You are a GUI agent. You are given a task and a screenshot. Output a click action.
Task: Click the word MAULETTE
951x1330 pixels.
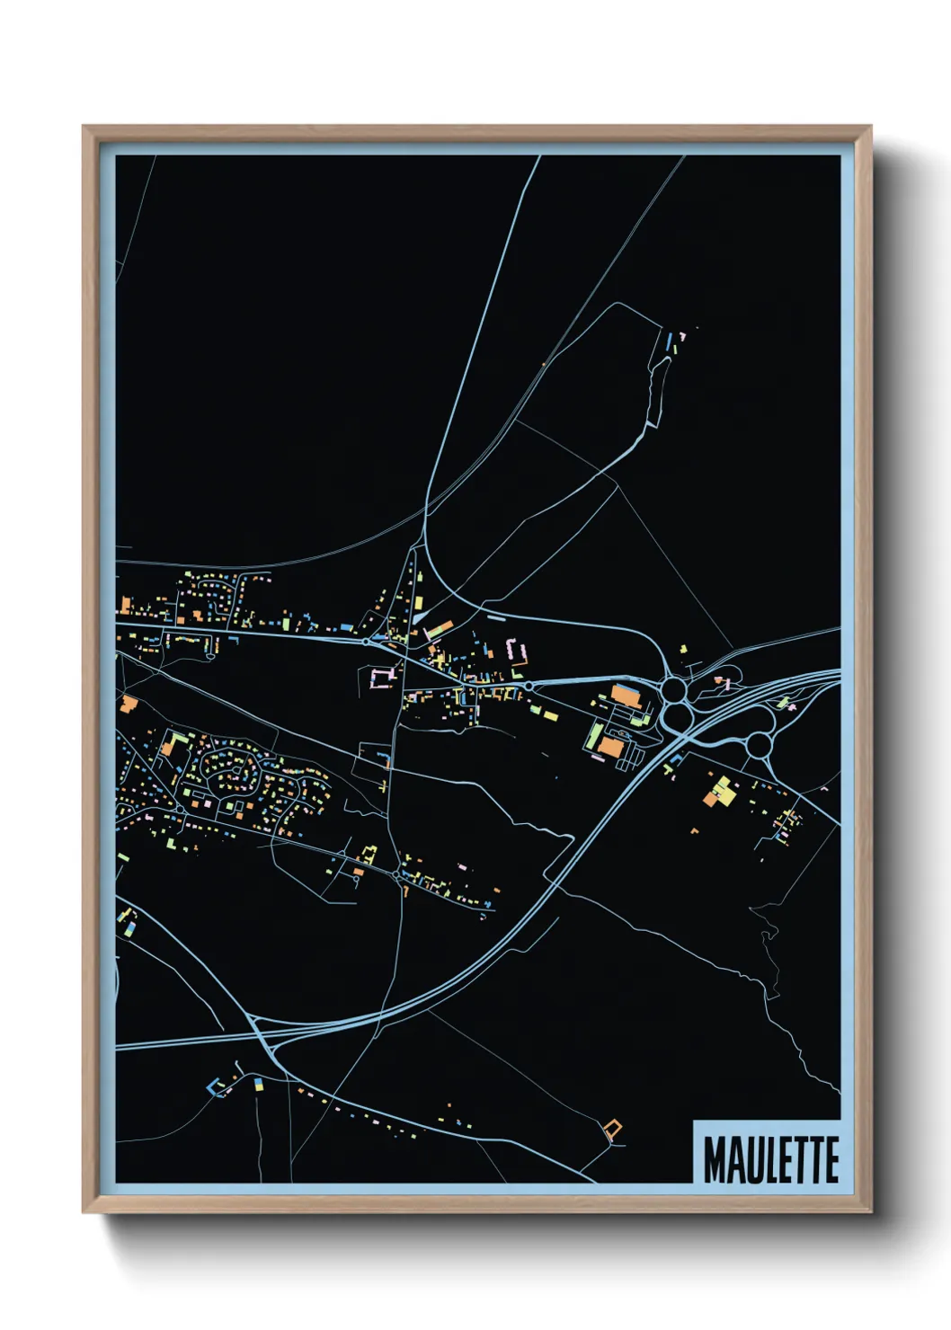770,1159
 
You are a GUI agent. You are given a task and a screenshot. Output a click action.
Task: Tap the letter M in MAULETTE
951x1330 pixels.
715,1159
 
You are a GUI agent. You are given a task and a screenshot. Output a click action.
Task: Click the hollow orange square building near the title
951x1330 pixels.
614,1130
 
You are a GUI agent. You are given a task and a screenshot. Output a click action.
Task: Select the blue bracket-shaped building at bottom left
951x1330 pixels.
216,1086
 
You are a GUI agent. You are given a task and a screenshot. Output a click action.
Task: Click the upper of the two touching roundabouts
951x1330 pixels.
673,690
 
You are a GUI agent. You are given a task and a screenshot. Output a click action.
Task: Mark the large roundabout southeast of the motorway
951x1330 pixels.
760,744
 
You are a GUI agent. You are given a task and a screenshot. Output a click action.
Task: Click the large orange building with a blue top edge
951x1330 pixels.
627,696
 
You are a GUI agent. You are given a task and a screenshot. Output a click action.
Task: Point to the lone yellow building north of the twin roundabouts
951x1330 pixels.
682,648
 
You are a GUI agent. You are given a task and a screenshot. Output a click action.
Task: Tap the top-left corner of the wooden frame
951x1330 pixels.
84,127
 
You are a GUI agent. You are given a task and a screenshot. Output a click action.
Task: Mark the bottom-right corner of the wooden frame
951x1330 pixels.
870,1212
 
